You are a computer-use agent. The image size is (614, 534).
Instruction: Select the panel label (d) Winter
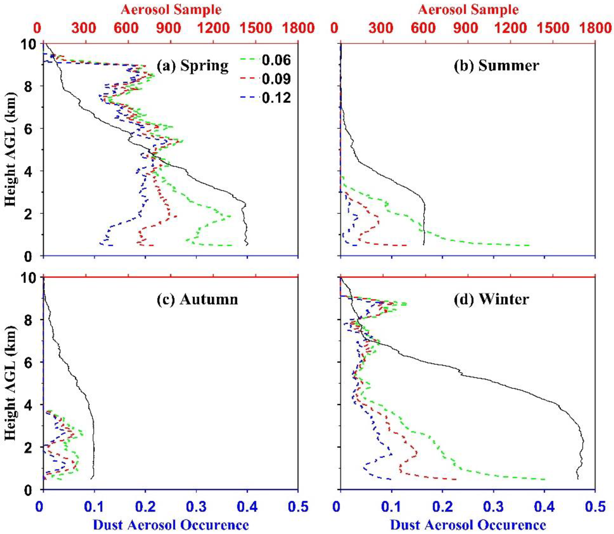tap(491, 299)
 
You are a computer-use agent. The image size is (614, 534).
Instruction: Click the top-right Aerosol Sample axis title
tap(468, 10)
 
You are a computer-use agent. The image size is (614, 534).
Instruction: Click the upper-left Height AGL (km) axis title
tap(11, 149)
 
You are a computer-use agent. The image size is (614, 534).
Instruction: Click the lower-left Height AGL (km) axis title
tap(11, 383)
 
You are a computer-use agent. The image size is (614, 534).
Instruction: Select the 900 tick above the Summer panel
tap(468, 28)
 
